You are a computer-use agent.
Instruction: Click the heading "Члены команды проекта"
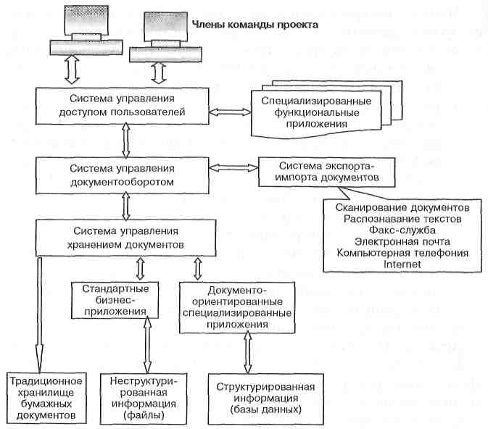tap(255, 25)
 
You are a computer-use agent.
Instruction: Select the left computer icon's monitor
tap(86, 20)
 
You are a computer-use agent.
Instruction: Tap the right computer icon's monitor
tap(166, 26)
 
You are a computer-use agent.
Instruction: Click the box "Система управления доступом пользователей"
tap(122, 106)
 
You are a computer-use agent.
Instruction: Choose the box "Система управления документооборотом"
tap(122, 176)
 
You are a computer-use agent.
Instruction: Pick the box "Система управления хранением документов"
tap(125, 238)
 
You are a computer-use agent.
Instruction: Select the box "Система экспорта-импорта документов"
tap(327, 172)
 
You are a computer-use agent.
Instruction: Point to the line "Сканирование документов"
tap(402, 207)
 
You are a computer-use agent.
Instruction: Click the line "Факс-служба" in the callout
tap(402, 230)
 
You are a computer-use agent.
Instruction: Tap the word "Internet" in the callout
tap(402, 265)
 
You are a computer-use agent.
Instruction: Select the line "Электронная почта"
tap(402, 242)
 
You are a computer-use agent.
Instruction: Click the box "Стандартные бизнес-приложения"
tap(115, 300)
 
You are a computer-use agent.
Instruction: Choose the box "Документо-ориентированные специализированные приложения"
tap(237, 308)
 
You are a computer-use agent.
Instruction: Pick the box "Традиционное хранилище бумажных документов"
tap(46, 398)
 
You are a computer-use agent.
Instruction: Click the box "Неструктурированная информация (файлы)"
tap(144, 399)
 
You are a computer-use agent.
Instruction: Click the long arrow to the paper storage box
tap(40, 315)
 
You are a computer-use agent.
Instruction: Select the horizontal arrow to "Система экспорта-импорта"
tap(233, 168)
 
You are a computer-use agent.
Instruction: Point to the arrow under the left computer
tap(73, 70)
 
